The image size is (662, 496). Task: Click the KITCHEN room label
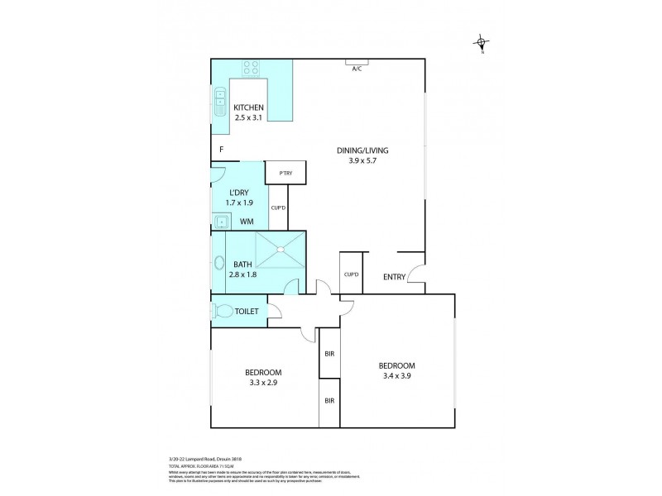(x=248, y=108)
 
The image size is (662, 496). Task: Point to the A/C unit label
(x=357, y=69)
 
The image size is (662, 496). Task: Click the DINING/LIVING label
(x=362, y=150)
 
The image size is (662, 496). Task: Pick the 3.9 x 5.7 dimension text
(x=362, y=162)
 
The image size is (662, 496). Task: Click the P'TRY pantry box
(x=285, y=172)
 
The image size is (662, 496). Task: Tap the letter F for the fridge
(x=221, y=150)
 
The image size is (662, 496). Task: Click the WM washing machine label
(x=247, y=222)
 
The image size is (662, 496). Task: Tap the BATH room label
(x=242, y=265)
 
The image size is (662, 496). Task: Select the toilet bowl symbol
(x=223, y=312)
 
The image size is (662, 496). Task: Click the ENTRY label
(x=394, y=277)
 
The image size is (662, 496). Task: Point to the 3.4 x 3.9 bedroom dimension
(x=396, y=377)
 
